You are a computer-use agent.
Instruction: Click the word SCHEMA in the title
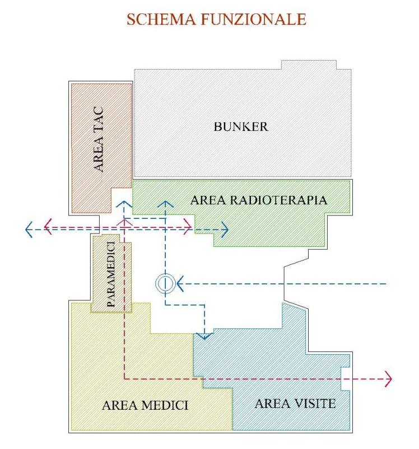(161, 19)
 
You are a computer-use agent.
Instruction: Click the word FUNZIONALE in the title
(254, 19)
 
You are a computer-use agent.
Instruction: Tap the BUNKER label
(241, 127)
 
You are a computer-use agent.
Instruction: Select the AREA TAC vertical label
(99, 139)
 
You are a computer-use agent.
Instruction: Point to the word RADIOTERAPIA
(278, 200)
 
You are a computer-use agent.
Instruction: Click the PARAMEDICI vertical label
(110, 274)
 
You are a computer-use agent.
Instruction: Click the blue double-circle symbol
(165, 283)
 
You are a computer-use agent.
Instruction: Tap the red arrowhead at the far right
(389, 379)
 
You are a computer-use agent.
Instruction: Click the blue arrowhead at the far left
(29, 230)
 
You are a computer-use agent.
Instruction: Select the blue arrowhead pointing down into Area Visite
(204, 336)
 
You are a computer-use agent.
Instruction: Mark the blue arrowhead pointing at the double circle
(180, 283)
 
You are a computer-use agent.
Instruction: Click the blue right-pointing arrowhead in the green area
(225, 230)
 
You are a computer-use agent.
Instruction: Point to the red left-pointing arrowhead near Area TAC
(48, 227)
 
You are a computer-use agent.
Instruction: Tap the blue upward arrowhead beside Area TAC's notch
(124, 204)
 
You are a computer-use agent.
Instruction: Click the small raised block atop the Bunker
(309, 65)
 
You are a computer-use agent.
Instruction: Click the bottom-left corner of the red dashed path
(124, 379)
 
